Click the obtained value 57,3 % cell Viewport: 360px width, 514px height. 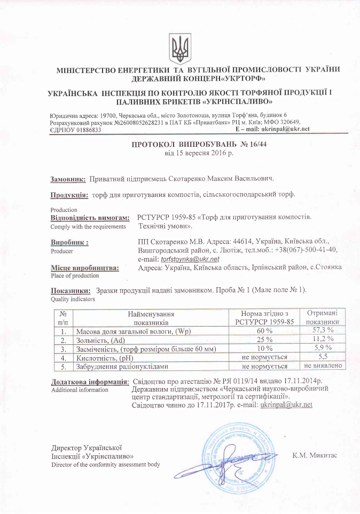[322, 330]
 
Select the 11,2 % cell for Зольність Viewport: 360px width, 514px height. [322, 339]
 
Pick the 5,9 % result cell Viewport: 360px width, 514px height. [322, 348]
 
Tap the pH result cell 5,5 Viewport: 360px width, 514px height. [322, 357]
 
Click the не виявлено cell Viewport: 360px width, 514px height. [322, 366]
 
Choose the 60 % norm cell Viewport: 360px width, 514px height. [265, 330]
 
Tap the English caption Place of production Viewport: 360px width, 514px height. [75, 275]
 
